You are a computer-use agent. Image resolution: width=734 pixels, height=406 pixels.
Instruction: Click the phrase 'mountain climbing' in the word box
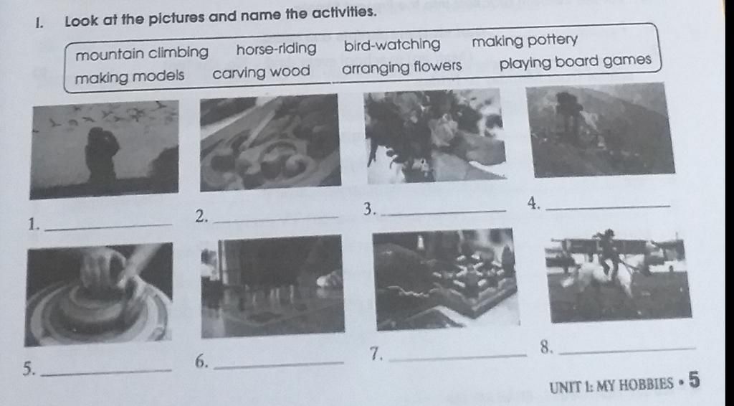coord(142,53)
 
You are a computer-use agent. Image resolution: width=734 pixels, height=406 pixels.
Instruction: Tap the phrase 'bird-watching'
coord(392,45)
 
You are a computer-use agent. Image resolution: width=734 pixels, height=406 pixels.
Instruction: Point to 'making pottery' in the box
coord(525,41)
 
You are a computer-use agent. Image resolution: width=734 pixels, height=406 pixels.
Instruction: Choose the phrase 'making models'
coord(130,76)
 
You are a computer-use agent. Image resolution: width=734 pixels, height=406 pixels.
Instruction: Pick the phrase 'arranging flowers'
coord(401,67)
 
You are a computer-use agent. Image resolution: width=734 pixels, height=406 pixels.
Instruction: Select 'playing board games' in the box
coord(576,62)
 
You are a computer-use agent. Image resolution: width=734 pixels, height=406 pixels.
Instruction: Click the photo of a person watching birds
coord(104,149)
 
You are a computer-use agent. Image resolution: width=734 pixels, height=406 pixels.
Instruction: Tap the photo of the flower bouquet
coord(435,136)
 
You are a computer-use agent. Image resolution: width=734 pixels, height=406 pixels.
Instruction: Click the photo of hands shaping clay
coord(99,294)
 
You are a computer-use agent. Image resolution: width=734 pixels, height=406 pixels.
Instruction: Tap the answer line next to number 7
coord(458,358)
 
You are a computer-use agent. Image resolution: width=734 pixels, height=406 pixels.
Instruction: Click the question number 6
coord(201,362)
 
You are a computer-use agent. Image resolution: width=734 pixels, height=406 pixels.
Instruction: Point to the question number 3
coord(370,209)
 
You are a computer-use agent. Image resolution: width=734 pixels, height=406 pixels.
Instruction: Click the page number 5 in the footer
coord(694,379)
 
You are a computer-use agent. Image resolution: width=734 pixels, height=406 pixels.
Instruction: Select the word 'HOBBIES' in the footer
coord(647,385)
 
